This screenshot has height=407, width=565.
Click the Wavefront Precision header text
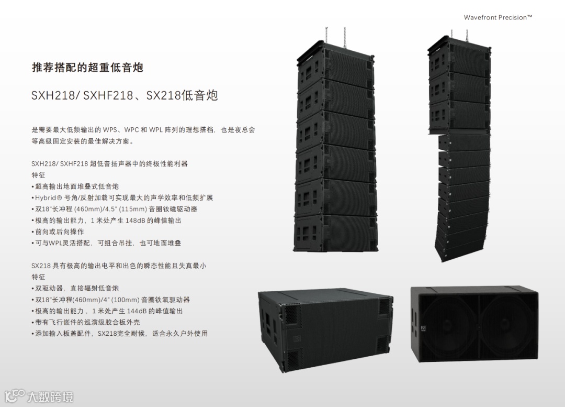[x=498, y=18]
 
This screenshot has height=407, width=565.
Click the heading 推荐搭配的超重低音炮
[x=87, y=68]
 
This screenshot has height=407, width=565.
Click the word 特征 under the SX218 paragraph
[x=38, y=277]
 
